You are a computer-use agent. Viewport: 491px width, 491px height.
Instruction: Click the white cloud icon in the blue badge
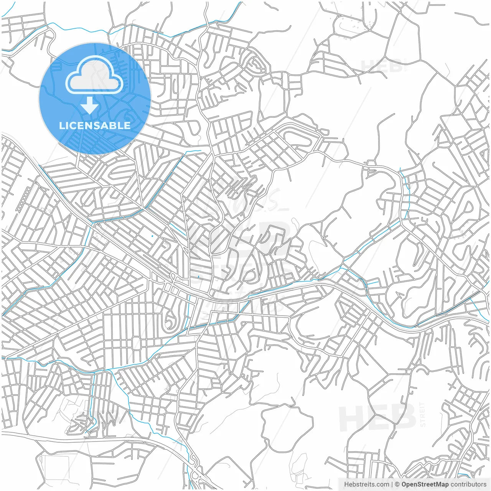pyautogui.click(x=94, y=74)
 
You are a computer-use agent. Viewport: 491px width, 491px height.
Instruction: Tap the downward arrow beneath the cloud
pyautogui.click(x=90, y=105)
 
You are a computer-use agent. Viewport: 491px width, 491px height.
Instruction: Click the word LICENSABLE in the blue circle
pyautogui.click(x=94, y=125)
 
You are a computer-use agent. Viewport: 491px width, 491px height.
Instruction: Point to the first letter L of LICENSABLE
pyautogui.click(x=61, y=125)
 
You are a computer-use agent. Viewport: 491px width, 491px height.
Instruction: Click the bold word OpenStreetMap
pyautogui.click(x=425, y=484)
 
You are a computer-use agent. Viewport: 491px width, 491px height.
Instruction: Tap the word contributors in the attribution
pyautogui.click(x=468, y=484)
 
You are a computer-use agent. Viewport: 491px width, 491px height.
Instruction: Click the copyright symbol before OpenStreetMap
pyautogui.click(x=397, y=484)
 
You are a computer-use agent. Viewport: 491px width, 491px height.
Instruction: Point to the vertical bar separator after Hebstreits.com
pyautogui.click(x=392, y=484)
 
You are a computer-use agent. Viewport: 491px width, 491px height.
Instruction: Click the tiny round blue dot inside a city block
pyautogui.click(x=152, y=236)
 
